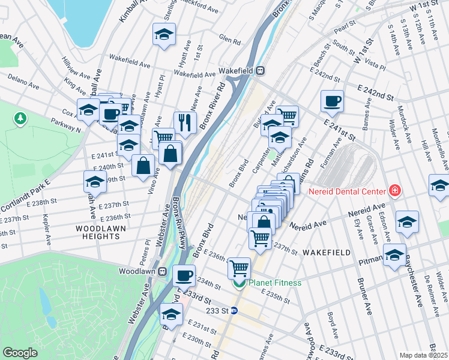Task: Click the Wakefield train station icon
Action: coord(261,70)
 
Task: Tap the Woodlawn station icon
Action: coord(162,271)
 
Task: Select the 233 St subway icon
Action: coord(234,311)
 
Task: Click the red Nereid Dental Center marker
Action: coord(394,191)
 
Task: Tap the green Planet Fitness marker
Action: coord(239,283)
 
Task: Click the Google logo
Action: coord(20,353)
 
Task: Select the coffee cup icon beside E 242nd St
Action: coord(331,101)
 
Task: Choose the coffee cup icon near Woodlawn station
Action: coord(184,275)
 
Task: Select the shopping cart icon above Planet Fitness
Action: coord(239,267)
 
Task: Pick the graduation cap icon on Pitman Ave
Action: coord(394,254)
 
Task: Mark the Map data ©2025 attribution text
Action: coord(423,355)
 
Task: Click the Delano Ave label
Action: coord(23,77)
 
